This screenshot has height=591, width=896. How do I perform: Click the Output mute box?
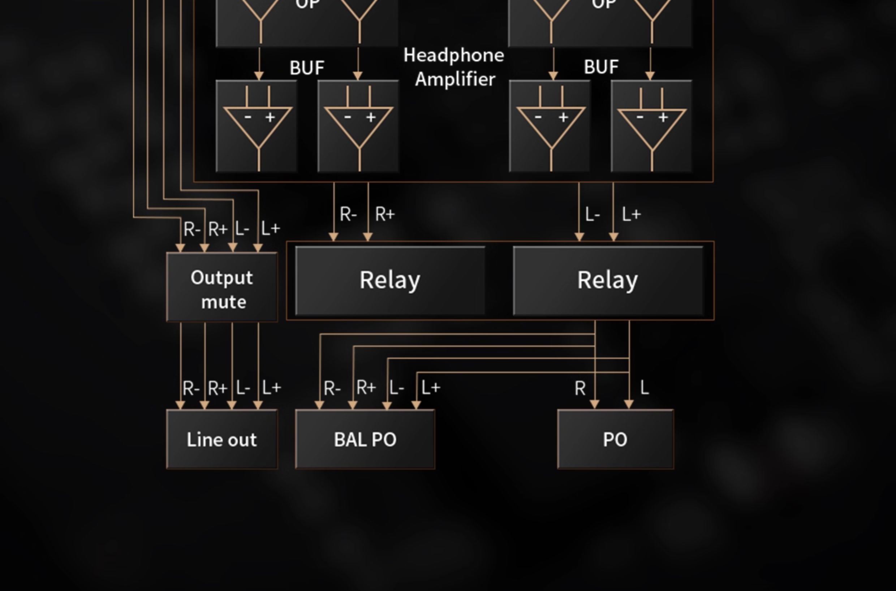pyautogui.click(x=221, y=287)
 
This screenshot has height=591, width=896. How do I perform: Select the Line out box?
pyautogui.click(x=221, y=439)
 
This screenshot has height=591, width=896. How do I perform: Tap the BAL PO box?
pyautogui.click(x=365, y=439)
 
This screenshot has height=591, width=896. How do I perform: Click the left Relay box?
pyautogui.click(x=390, y=280)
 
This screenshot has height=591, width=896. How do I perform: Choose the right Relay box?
pyautogui.click(x=608, y=280)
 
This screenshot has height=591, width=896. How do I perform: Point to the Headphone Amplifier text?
pyautogui.click(x=454, y=67)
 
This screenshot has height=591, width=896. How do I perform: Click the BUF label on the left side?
pyautogui.click(x=307, y=68)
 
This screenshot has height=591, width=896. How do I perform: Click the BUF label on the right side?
pyautogui.click(x=601, y=67)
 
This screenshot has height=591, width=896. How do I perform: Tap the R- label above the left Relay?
pyautogui.click(x=348, y=215)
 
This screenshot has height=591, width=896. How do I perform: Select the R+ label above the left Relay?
pyautogui.click(x=385, y=215)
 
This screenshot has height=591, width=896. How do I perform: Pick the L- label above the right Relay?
pyautogui.click(x=593, y=215)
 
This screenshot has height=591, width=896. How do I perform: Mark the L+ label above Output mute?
pyautogui.click(x=271, y=228)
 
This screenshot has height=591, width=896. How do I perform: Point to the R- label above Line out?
pyautogui.click(x=191, y=388)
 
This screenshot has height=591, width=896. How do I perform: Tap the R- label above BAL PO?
pyautogui.click(x=332, y=388)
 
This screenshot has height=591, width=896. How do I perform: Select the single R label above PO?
pyautogui.click(x=580, y=388)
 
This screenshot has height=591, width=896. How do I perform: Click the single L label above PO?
pyautogui.click(x=645, y=388)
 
